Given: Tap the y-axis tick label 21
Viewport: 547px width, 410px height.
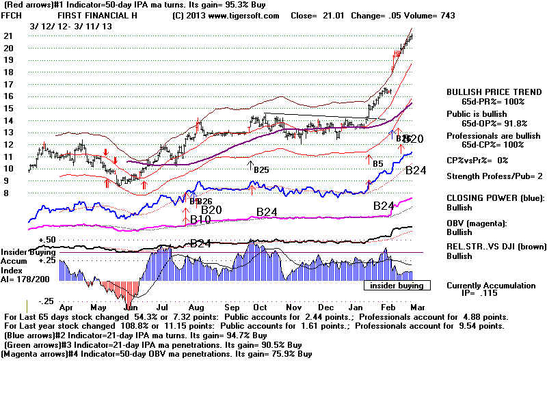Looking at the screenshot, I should pyautogui.click(x=8, y=36).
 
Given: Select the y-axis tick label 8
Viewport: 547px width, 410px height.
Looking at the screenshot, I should pyautogui.click(x=6, y=193).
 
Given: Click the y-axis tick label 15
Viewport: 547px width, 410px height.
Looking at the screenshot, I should pyautogui.click(x=8, y=108).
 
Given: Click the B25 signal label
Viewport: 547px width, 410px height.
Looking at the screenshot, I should pyautogui.click(x=261, y=168).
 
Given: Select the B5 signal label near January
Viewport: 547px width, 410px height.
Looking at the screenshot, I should pyautogui.click(x=377, y=164).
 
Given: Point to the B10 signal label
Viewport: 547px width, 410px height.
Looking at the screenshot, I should pyautogui.click(x=200, y=219).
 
